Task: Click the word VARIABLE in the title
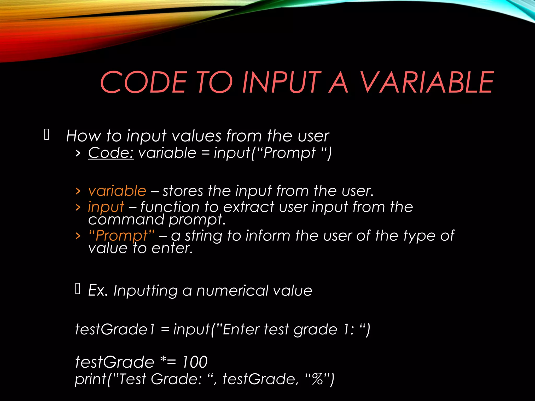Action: [x=426, y=82]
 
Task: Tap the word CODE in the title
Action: [x=143, y=82]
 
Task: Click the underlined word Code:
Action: [x=111, y=153]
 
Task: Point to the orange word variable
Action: [x=117, y=191]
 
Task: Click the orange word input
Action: [x=106, y=207]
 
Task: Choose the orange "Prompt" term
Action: [x=121, y=236]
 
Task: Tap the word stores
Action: [x=183, y=191]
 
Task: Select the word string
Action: [x=203, y=236]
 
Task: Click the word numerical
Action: [x=232, y=291]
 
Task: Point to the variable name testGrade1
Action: [x=115, y=329]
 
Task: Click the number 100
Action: [x=195, y=362]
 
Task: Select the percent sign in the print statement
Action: [x=318, y=379]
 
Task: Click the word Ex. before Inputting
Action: [x=98, y=290]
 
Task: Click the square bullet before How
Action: [x=47, y=135]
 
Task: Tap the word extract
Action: [x=248, y=207]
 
